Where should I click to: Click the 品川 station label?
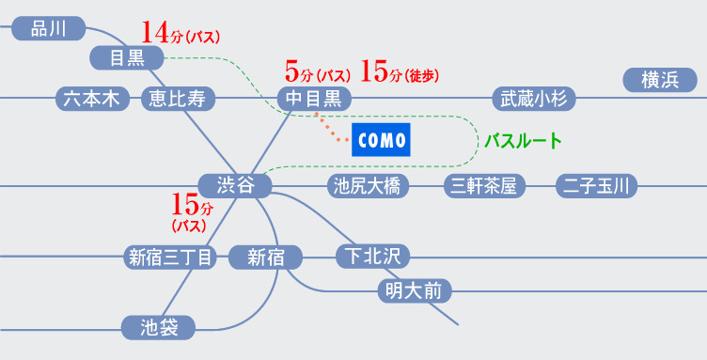(49, 29)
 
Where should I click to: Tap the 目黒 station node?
(127, 58)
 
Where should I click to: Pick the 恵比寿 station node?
(178, 98)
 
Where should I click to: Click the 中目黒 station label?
(315, 98)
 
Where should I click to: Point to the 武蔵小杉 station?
(534, 98)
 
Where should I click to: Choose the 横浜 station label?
(660, 81)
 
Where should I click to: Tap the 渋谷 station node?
(235, 186)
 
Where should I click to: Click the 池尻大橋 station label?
(368, 186)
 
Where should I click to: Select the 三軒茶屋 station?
(484, 186)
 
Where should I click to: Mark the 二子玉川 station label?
(596, 186)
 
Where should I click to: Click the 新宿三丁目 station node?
(170, 257)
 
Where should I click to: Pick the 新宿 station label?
(266, 257)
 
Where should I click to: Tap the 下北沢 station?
(373, 254)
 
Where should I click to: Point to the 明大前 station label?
(414, 290)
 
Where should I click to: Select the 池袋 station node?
(158, 328)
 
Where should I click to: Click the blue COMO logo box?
(382, 141)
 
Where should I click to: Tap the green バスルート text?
(523, 142)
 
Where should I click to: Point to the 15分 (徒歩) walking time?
(400, 71)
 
